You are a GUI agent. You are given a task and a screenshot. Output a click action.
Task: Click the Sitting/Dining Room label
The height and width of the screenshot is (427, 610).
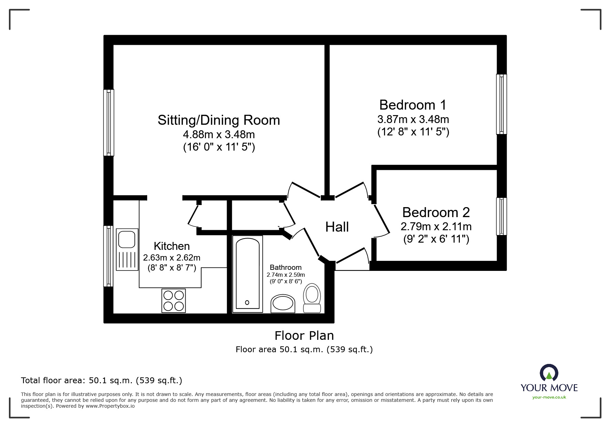click(x=219, y=120)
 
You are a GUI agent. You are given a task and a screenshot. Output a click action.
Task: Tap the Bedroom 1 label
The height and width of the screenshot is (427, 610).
click(x=413, y=105)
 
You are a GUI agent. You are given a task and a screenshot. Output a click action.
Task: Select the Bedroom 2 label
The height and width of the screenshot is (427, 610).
click(x=436, y=212)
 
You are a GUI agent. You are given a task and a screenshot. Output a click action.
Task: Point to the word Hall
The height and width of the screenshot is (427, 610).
click(x=337, y=227)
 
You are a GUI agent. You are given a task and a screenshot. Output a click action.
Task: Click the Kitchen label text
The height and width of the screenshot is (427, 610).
click(x=172, y=246)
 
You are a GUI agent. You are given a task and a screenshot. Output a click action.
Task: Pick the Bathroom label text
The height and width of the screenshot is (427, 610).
click(x=286, y=267)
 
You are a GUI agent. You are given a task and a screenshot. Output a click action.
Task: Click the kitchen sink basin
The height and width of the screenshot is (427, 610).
click(x=127, y=239)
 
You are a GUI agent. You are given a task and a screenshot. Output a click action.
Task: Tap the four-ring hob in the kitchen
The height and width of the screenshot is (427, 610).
click(x=174, y=301)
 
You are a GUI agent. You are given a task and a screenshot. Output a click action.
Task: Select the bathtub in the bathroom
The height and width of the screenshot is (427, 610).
click(x=248, y=274)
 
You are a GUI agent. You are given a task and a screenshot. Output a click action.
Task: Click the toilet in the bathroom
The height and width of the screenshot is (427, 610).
click(x=312, y=298)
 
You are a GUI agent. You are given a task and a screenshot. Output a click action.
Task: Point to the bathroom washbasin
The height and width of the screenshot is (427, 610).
click(x=283, y=304)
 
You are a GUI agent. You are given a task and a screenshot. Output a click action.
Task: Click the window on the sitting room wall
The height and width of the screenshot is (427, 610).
click(x=109, y=123)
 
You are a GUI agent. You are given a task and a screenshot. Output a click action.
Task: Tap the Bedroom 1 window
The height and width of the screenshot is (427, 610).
click(x=502, y=104)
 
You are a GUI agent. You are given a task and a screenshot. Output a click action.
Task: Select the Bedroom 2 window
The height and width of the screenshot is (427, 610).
click(x=502, y=216)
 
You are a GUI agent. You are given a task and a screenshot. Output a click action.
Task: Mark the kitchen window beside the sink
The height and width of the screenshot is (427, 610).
click(x=109, y=256)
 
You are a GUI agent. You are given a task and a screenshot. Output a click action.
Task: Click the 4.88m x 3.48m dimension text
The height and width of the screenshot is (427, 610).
click(x=219, y=134)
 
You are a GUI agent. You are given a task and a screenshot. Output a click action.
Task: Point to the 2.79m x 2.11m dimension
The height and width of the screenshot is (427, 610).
click(x=436, y=227)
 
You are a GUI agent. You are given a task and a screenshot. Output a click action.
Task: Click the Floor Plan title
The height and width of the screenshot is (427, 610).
click(x=304, y=336)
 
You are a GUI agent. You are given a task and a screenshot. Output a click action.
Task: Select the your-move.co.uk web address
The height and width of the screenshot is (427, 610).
click(x=549, y=397)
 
